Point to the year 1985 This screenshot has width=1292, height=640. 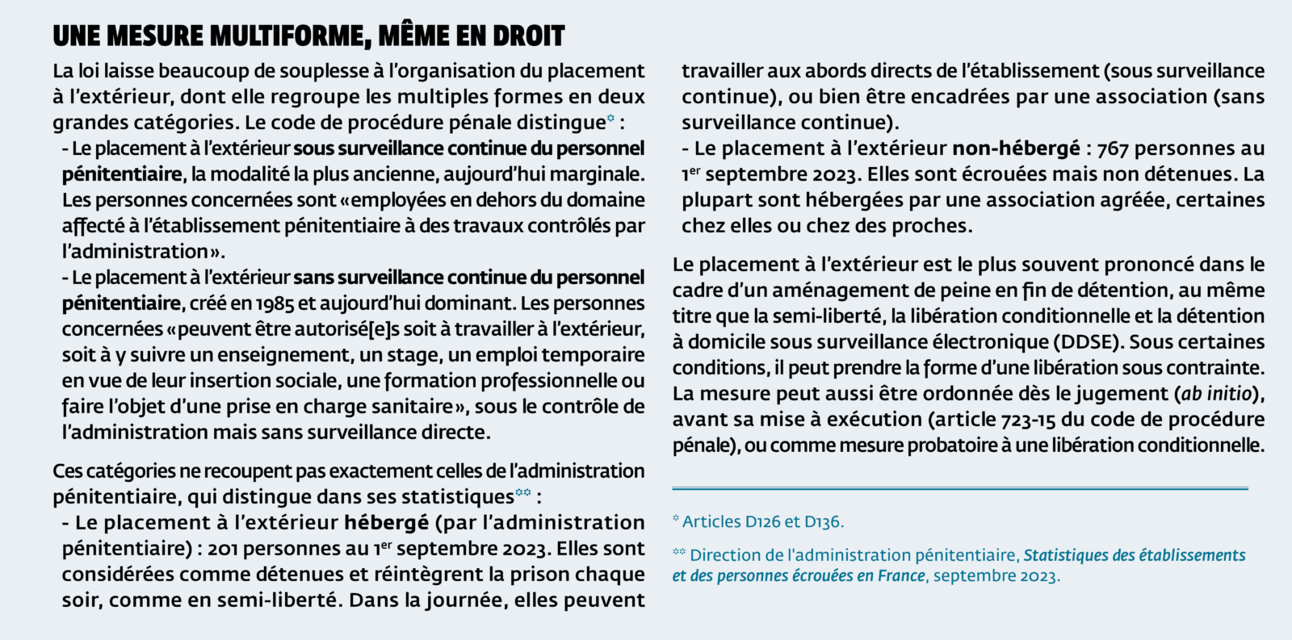click(x=275, y=303)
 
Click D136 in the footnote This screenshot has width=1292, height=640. click(x=823, y=522)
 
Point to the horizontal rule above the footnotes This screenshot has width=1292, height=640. click(x=960, y=488)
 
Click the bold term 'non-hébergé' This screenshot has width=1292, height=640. click(x=1016, y=148)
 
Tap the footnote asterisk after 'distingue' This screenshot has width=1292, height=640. click(x=610, y=119)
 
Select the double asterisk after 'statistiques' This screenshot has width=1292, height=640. click(x=523, y=492)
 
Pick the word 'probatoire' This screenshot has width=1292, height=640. click(x=948, y=445)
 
